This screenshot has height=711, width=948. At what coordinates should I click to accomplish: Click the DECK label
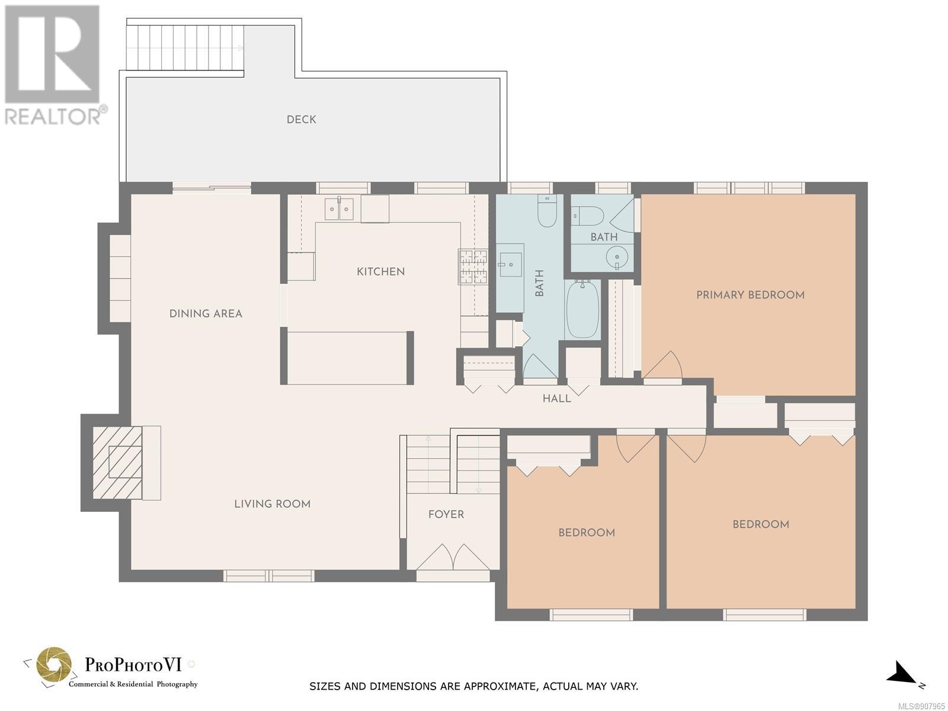pyautogui.click(x=301, y=119)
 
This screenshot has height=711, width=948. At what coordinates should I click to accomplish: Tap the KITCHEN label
pyautogui.click(x=380, y=271)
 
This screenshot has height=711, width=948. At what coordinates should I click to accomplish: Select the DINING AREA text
pyautogui.click(x=206, y=314)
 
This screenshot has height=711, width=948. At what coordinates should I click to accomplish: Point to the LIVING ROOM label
pyautogui.click(x=272, y=504)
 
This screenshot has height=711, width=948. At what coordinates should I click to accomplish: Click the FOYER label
pyautogui.click(x=446, y=514)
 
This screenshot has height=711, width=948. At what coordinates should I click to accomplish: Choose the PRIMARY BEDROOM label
pyautogui.click(x=750, y=295)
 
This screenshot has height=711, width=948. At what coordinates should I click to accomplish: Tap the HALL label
pyautogui.click(x=557, y=398)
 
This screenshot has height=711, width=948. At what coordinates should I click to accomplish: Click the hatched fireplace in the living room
pyautogui.click(x=117, y=462)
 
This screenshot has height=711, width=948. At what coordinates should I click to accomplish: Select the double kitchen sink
pyautogui.click(x=339, y=209)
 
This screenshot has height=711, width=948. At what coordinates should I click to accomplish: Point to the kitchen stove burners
pyautogui.click(x=473, y=267)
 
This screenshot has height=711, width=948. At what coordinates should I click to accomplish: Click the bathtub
pyautogui.click(x=582, y=309)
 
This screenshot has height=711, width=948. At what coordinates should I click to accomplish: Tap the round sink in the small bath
pyautogui.click(x=617, y=258)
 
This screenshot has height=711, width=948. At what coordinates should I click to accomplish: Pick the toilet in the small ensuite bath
pyautogui.click(x=588, y=216)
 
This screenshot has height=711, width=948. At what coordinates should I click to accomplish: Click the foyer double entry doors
pyautogui.click(x=453, y=558)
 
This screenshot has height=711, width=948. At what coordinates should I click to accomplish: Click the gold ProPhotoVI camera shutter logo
pyautogui.click(x=53, y=665)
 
